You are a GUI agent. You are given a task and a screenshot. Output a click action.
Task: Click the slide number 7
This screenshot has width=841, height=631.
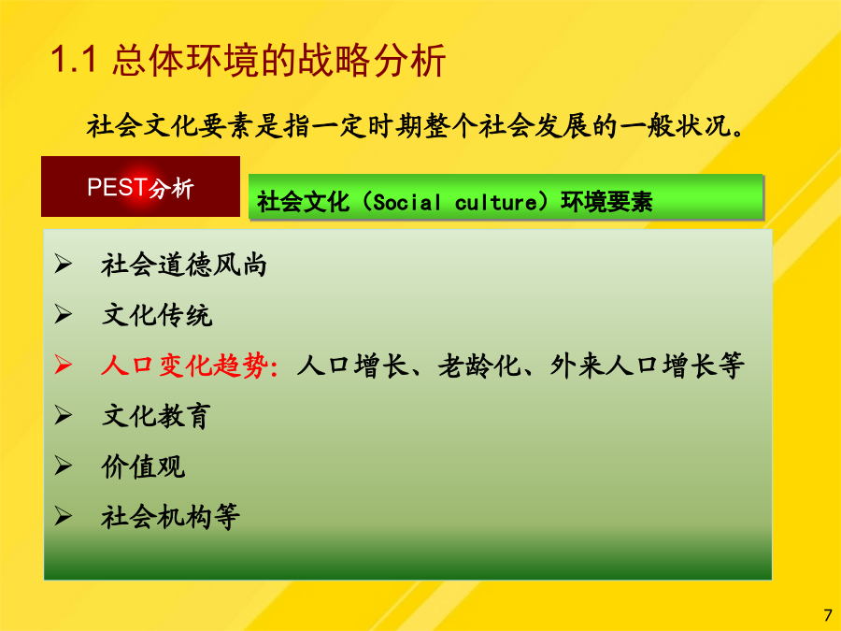[828, 615]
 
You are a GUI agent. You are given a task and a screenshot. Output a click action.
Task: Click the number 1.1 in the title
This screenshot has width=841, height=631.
[74, 59]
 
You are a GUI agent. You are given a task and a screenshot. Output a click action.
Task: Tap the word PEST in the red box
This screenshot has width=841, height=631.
[118, 187]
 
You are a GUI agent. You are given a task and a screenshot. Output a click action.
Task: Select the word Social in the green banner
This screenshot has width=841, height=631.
[406, 202]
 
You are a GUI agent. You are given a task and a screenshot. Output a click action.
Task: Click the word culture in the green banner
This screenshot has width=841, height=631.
[495, 202]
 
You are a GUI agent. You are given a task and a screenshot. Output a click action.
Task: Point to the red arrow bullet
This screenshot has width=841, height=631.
[63, 365]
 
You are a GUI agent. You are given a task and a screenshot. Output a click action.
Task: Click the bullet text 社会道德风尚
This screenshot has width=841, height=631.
[184, 265]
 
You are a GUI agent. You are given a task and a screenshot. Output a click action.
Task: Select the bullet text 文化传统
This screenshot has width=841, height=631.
[157, 315]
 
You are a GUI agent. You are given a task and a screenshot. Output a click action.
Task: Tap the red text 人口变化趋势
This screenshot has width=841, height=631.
[184, 366]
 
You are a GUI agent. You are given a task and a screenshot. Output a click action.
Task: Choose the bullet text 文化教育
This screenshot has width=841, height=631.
[156, 416]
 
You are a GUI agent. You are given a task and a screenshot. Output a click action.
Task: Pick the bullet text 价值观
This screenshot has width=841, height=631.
[143, 466]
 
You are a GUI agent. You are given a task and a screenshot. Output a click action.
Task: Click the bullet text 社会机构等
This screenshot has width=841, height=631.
[171, 517]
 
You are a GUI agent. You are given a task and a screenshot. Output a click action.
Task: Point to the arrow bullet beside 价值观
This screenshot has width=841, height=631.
[63, 466]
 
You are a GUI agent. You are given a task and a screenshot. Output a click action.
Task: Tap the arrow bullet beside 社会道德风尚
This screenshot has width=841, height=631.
[63, 264]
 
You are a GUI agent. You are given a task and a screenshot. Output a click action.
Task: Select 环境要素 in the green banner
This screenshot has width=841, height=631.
[606, 202]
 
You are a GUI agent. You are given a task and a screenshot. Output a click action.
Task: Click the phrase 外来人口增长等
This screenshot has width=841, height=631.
[647, 366]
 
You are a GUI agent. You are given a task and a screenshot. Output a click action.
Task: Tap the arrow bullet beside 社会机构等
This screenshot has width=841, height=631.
[63, 516]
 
